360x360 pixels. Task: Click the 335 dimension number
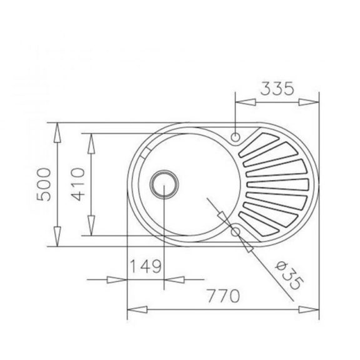click(x=277, y=89)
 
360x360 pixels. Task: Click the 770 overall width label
click(x=225, y=296)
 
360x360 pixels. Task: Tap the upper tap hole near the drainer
click(x=236, y=137)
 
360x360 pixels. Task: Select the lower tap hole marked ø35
click(x=236, y=231)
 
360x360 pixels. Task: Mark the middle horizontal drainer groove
click(x=278, y=184)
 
